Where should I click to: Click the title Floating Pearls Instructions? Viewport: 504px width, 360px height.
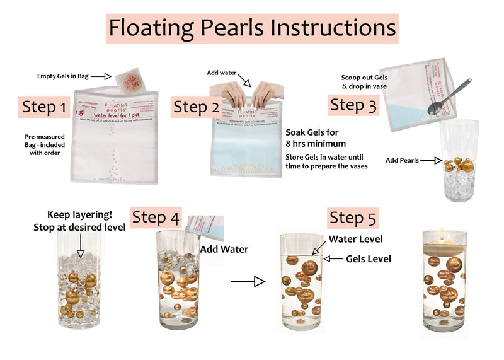coord(252,28)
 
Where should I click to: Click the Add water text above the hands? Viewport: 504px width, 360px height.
coord(223,73)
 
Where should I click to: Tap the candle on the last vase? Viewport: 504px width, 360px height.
coord(443,235)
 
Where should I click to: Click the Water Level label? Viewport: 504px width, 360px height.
coord(355,240)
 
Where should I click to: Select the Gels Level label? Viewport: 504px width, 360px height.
coord(369,259)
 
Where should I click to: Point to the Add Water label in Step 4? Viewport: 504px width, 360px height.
coord(224,249)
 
